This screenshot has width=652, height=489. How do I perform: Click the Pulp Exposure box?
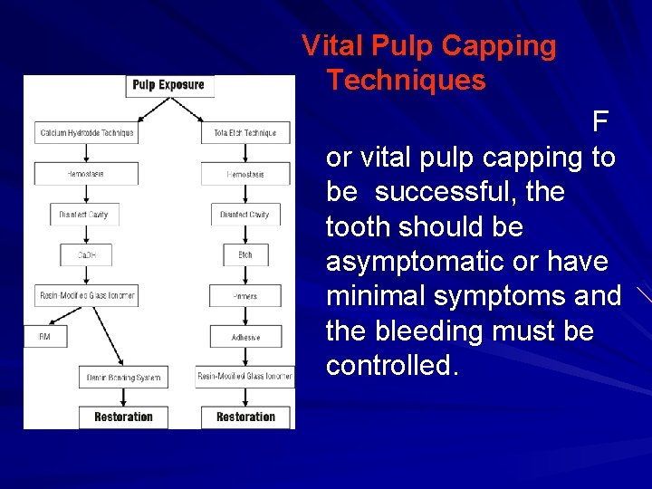click(168, 86)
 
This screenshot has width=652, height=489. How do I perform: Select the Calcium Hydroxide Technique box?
click(87, 132)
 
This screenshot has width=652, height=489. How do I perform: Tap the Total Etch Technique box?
click(246, 132)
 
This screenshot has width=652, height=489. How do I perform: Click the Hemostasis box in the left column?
click(87, 173)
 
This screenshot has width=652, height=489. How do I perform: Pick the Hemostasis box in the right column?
click(245, 173)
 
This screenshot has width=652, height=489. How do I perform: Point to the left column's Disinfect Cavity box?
click(84, 215)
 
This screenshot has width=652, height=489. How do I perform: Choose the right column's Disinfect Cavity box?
click(245, 215)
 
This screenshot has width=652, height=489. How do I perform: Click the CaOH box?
click(87, 255)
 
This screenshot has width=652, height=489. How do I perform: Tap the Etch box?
click(245, 255)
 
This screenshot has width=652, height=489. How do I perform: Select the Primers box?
click(245, 296)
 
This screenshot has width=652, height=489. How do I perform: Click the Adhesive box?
click(245, 337)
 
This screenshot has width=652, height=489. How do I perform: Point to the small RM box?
click(44, 337)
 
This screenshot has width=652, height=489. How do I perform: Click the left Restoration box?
click(124, 417)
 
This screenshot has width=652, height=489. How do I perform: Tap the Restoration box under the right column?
click(245, 417)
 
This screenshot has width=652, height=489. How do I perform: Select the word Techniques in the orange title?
click(407, 81)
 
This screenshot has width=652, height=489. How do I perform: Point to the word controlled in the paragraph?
click(391, 366)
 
